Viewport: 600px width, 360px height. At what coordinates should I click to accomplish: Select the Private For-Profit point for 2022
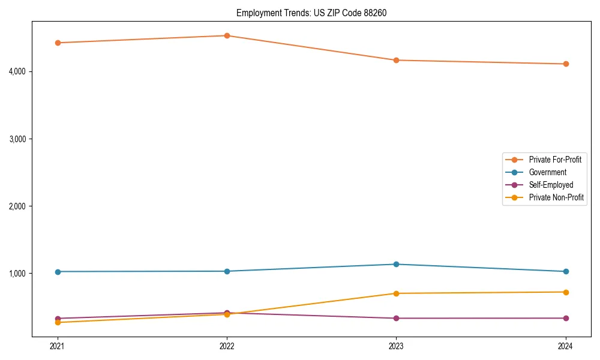click(227, 35)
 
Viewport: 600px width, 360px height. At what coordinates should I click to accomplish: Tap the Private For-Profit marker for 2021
click(58, 43)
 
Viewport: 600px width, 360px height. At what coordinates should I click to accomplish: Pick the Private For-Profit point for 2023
click(396, 60)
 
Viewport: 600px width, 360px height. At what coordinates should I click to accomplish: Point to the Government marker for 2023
click(396, 264)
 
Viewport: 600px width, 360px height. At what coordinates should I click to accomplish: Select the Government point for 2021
click(58, 272)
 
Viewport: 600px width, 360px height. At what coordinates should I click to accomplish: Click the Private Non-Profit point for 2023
click(396, 293)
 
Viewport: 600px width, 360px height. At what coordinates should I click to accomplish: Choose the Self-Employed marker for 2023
click(396, 318)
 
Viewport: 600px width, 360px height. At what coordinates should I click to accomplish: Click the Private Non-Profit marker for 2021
click(58, 322)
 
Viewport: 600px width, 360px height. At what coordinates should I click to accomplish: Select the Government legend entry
click(547, 172)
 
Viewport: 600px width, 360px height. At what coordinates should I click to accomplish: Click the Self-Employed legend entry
click(551, 185)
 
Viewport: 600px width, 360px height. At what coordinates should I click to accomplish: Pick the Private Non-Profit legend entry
click(556, 197)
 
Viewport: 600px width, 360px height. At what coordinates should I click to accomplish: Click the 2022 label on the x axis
click(227, 346)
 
